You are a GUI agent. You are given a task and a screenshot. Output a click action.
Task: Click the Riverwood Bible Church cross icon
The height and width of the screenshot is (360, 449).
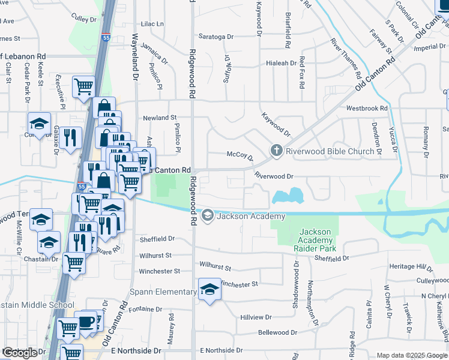(x=276, y=151)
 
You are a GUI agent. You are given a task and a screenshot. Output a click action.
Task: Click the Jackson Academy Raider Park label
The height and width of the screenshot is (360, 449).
(x=315, y=240)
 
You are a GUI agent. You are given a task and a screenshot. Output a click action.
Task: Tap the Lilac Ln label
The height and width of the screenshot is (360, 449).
(x=152, y=24)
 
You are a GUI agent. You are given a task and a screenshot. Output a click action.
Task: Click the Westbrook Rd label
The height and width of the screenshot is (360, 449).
(x=367, y=109)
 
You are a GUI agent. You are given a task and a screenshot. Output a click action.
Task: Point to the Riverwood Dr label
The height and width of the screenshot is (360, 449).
(x=273, y=176)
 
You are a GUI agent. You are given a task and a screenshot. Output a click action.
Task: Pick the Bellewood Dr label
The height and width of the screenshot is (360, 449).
(x=277, y=332)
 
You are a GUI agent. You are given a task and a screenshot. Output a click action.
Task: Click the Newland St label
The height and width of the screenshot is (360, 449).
(x=159, y=118)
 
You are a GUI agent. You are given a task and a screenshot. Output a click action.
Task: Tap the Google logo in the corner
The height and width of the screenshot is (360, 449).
(x=19, y=353)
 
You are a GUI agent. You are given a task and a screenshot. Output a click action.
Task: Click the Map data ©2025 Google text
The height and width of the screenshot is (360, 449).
(x=411, y=355)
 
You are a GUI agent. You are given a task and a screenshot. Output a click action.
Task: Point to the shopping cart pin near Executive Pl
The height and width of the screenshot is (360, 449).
(x=83, y=86)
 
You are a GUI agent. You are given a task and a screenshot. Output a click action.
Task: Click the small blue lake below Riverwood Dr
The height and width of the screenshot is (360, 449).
(x=288, y=196)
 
